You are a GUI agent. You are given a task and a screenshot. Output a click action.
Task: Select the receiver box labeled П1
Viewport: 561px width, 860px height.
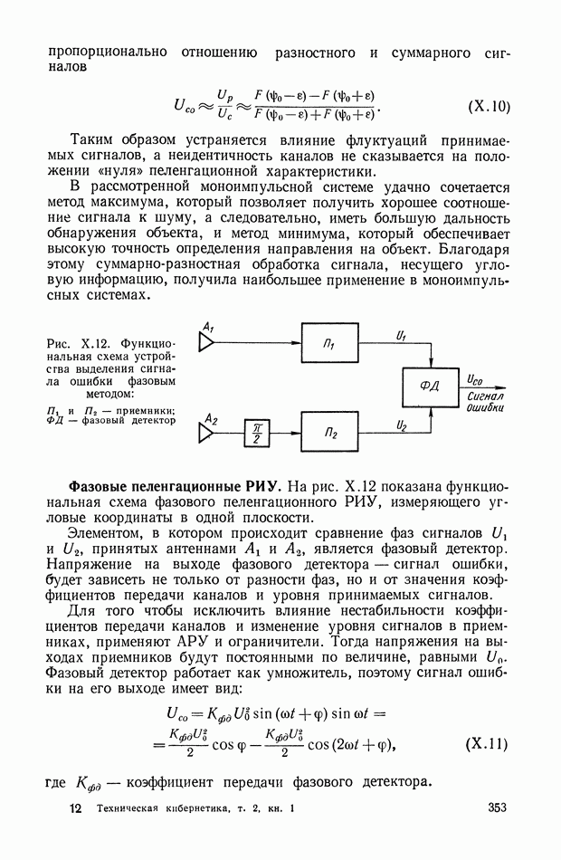tap(328, 345)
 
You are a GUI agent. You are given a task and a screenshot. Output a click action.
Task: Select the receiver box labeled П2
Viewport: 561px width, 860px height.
tap(328, 433)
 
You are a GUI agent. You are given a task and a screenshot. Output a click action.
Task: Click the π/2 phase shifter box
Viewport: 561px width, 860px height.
tap(257, 435)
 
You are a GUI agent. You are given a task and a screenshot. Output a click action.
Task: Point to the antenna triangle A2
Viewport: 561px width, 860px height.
tap(207, 434)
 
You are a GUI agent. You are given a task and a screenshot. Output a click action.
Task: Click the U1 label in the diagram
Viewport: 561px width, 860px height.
tap(402, 335)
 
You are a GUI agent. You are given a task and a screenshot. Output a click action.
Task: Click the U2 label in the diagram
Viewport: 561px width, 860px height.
tap(402, 424)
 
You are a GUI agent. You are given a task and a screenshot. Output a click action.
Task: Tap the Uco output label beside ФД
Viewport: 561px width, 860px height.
tap(476, 379)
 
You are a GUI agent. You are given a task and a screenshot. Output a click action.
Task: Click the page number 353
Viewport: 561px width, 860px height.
tap(498, 808)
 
